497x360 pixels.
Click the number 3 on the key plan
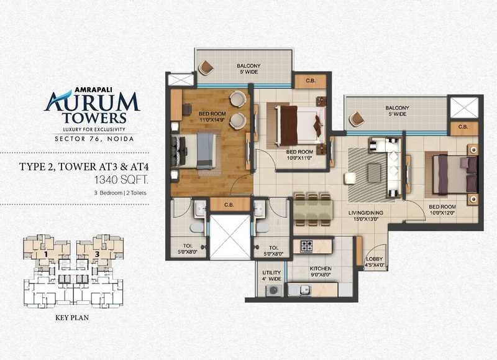[98, 254]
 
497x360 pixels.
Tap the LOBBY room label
[375, 262]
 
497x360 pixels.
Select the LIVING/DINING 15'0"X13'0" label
[367, 216]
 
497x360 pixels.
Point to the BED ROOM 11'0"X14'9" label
[212, 117]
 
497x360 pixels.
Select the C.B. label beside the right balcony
[463, 127]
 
